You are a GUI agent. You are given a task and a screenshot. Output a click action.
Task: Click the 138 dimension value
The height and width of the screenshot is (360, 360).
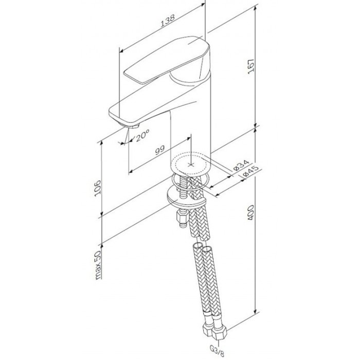tap(166, 19)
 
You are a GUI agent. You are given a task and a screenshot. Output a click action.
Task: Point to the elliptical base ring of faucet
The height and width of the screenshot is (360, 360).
tap(191, 164)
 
